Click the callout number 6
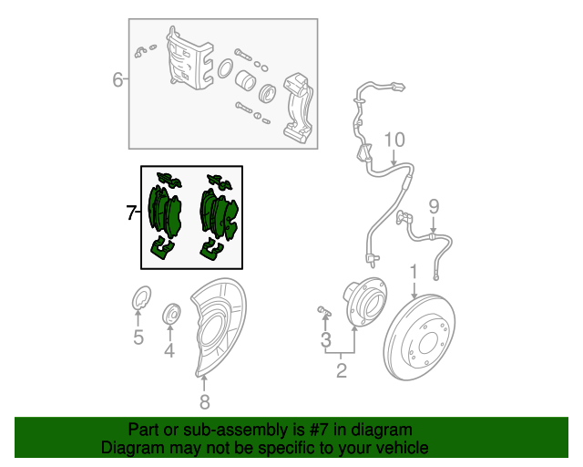point(118,79)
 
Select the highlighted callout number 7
point(131,213)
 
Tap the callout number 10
point(394,140)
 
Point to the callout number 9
point(434,206)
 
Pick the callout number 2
point(342,370)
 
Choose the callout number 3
point(326,339)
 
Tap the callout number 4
point(169,350)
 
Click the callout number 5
point(138,337)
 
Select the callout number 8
point(204,402)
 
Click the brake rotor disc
point(419,337)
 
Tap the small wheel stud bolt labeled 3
point(323,310)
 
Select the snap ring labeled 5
point(142,297)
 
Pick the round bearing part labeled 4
point(172,315)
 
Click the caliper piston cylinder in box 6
point(245,80)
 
